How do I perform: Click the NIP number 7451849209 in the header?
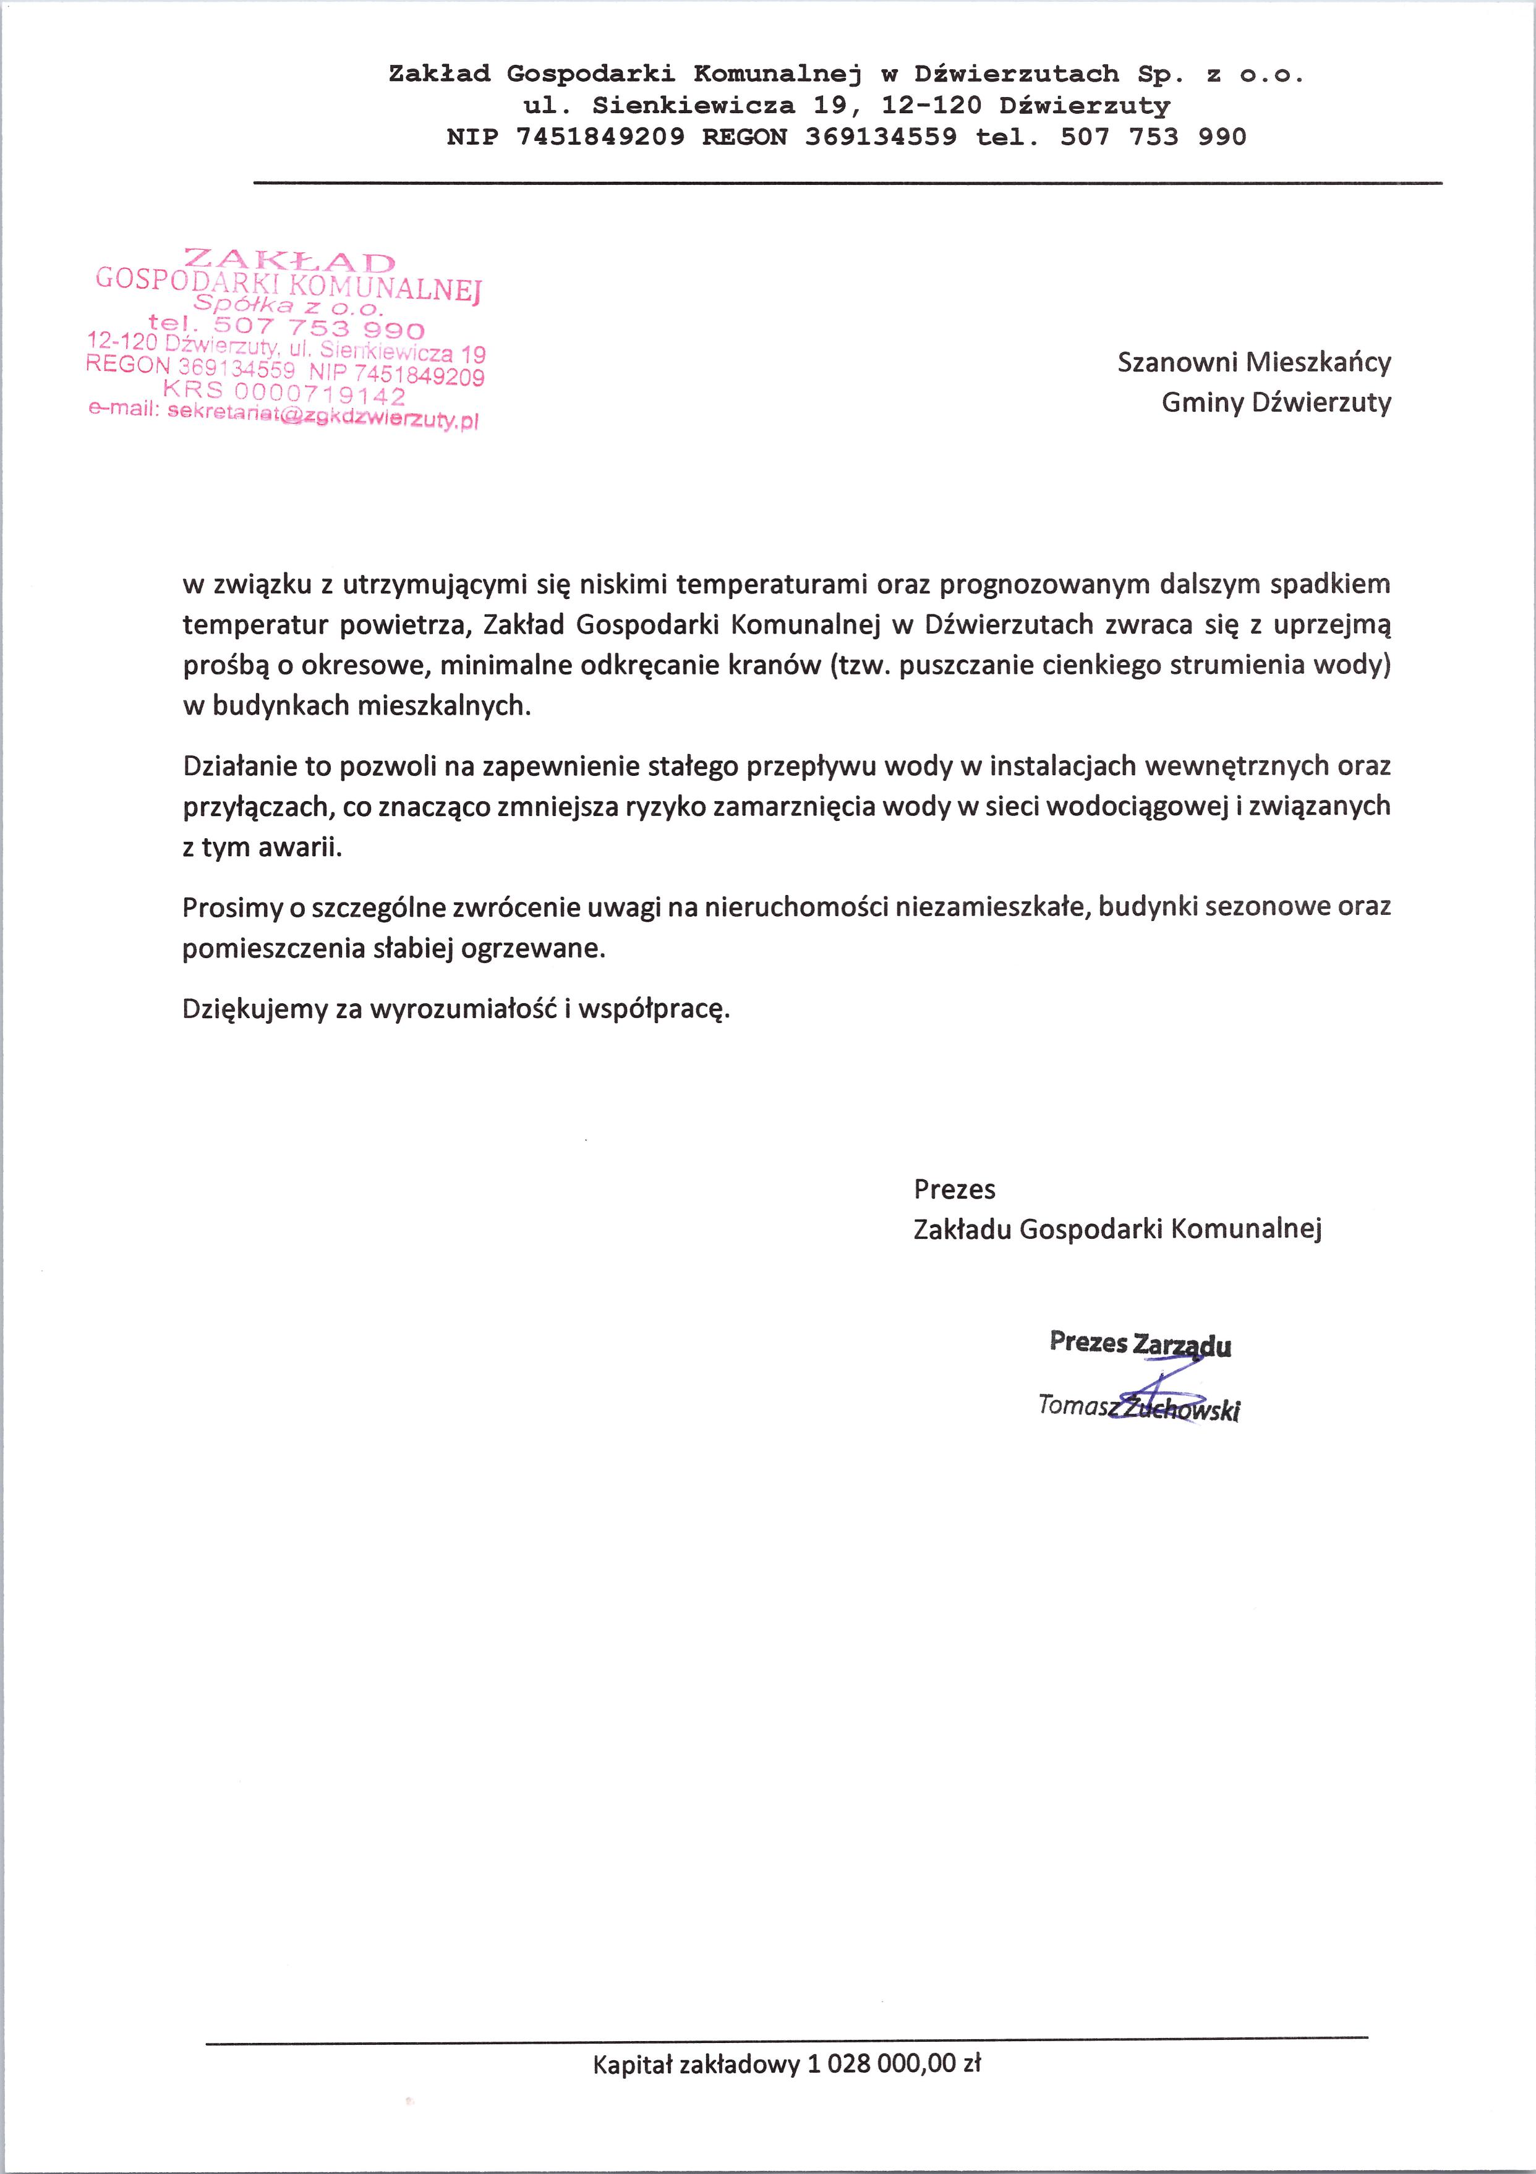[x=600, y=137]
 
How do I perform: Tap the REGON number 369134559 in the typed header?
[x=881, y=137]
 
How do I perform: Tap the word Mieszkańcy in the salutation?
[x=1319, y=363]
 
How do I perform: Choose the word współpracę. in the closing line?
[x=654, y=1008]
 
